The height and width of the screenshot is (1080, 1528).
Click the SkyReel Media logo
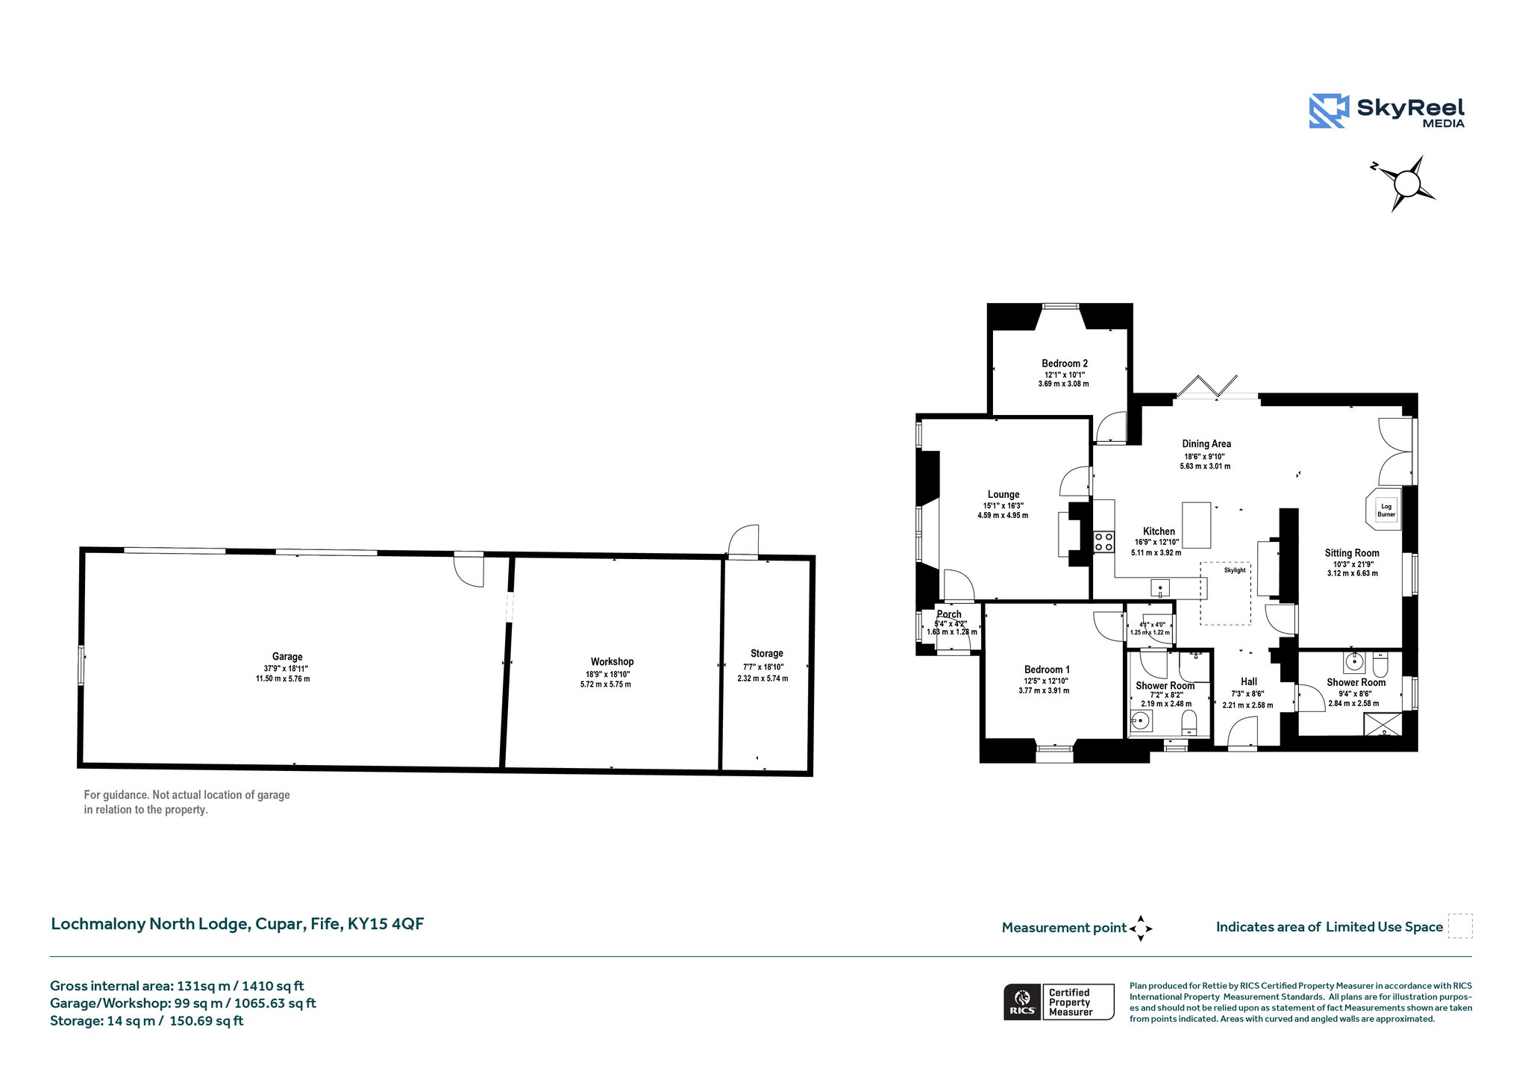[1386, 111]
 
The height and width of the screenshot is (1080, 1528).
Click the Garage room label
[287, 657]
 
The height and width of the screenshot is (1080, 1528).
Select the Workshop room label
[612, 662]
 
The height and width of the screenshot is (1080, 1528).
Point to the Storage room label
[766, 653]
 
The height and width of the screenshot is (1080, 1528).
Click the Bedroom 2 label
[1065, 363]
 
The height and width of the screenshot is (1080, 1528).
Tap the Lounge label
[1003, 494]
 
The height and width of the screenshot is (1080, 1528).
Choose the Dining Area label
[1206, 443]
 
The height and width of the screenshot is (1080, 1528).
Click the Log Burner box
[1385, 511]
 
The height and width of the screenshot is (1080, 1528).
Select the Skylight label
[1235, 570]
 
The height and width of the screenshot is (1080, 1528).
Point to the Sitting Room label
[1352, 553]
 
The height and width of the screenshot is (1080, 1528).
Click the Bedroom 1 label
[1047, 669]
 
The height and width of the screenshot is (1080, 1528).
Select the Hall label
[1249, 681]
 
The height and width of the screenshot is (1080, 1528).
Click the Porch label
[949, 614]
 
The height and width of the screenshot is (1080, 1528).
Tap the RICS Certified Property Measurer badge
[1059, 1002]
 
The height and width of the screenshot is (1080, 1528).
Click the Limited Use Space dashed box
[1460, 926]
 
